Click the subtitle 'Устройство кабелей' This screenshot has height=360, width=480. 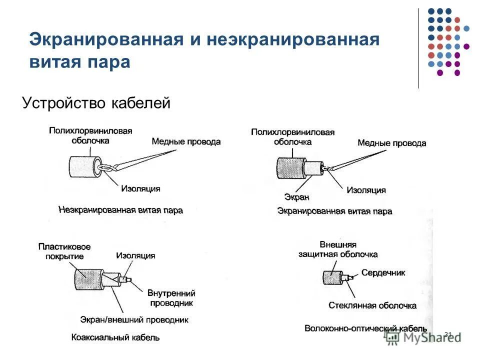pyautogui.click(x=96, y=103)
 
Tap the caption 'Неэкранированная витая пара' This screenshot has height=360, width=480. pyautogui.click(x=120, y=210)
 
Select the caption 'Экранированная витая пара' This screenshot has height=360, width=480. pyautogui.click(x=334, y=211)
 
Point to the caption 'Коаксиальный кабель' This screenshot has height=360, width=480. pyautogui.click(x=115, y=337)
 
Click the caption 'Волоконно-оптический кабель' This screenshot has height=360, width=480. pyautogui.click(x=365, y=328)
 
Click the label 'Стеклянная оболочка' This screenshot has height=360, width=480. pyautogui.click(x=372, y=305)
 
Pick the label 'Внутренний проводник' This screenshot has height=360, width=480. pyautogui.click(x=171, y=298)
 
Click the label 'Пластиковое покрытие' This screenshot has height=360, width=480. pyautogui.click(x=64, y=251)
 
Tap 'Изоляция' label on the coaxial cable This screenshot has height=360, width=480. pyautogui.click(x=135, y=255)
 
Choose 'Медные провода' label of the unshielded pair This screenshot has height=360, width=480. pyautogui.click(x=185, y=141)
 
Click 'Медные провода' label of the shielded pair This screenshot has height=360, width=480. pyautogui.click(x=391, y=143)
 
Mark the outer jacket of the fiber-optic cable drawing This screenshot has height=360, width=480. pyautogui.click(x=330, y=278)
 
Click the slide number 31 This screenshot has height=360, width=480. pyautogui.click(x=447, y=334)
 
